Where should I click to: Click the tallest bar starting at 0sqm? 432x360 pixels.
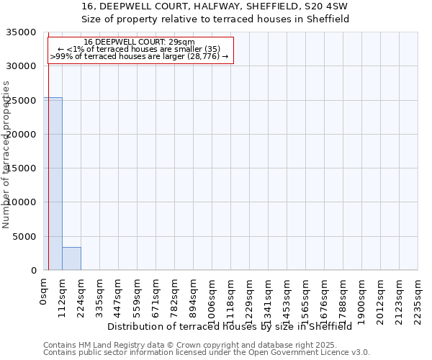(x=53, y=184)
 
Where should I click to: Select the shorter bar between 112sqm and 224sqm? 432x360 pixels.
(x=71, y=258)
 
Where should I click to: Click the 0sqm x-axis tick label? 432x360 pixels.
(x=44, y=289)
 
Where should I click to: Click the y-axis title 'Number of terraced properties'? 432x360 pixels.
(x=7, y=154)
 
